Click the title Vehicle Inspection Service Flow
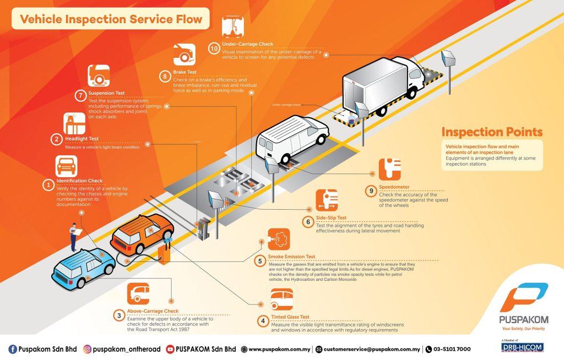click(111, 20)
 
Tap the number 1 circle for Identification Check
click(48, 186)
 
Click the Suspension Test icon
click(99, 75)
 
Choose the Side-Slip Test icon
click(327, 199)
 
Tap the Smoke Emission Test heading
click(291, 257)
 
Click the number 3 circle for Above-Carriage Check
click(118, 315)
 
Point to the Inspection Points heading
click(492, 132)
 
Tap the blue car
click(83, 267)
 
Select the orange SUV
click(142, 237)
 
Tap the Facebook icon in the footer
click(13, 349)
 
